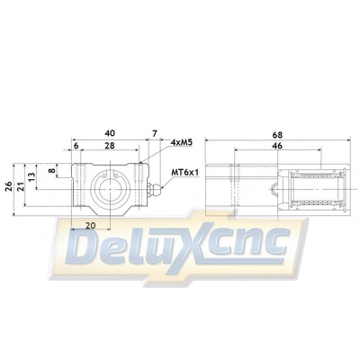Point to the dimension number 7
tap(155, 133)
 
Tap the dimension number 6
tap(76, 146)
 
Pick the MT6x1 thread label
tap(185, 171)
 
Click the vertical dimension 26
tap(9, 186)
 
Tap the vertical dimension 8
tap(51, 169)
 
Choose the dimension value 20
tap(90, 225)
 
